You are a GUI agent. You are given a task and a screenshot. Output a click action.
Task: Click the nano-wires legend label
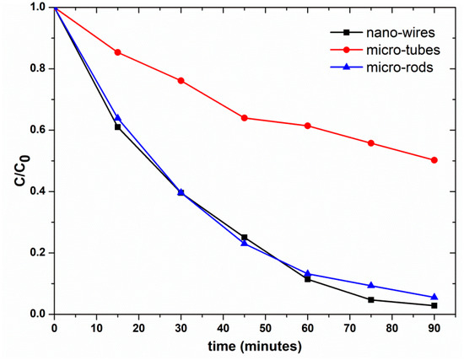pyautogui.click(x=401, y=33)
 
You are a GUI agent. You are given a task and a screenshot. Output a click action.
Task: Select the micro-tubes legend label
pyautogui.click(x=403, y=50)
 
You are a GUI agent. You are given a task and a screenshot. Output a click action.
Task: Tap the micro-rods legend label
pyautogui.click(x=400, y=67)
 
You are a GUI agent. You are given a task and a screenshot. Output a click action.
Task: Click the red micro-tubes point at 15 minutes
pyautogui.click(x=117, y=52)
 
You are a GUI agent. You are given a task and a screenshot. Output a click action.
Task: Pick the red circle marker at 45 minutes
pyautogui.click(x=244, y=118)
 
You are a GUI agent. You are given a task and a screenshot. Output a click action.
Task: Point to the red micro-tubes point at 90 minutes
pyautogui.click(x=434, y=160)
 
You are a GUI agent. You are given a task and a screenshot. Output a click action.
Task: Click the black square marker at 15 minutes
pyautogui.click(x=117, y=127)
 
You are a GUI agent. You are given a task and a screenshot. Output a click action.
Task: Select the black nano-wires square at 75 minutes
pyautogui.click(x=371, y=299)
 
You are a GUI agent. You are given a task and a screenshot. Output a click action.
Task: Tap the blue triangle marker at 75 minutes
pyautogui.click(x=371, y=285)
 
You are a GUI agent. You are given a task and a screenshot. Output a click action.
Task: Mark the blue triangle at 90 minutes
pyautogui.click(x=434, y=297)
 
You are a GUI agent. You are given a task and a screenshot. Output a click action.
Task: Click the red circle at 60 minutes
pyautogui.click(x=307, y=126)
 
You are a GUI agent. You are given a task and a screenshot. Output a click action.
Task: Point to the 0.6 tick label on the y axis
pyautogui.click(x=39, y=130)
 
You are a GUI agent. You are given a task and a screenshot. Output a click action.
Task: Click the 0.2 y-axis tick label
pyautogui.click(x=39, y=253)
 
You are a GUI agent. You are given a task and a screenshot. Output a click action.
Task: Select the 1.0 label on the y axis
pyautogui.click(x=39, y=8)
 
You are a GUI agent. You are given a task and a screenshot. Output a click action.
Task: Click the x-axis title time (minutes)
pyautogui.click(x=255, y=347)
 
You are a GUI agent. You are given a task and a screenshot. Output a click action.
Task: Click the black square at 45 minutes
pyautogui.click(x=244, y=237)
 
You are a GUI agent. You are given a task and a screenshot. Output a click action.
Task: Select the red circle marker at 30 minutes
pyautogui.click(x=181, y=80)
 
